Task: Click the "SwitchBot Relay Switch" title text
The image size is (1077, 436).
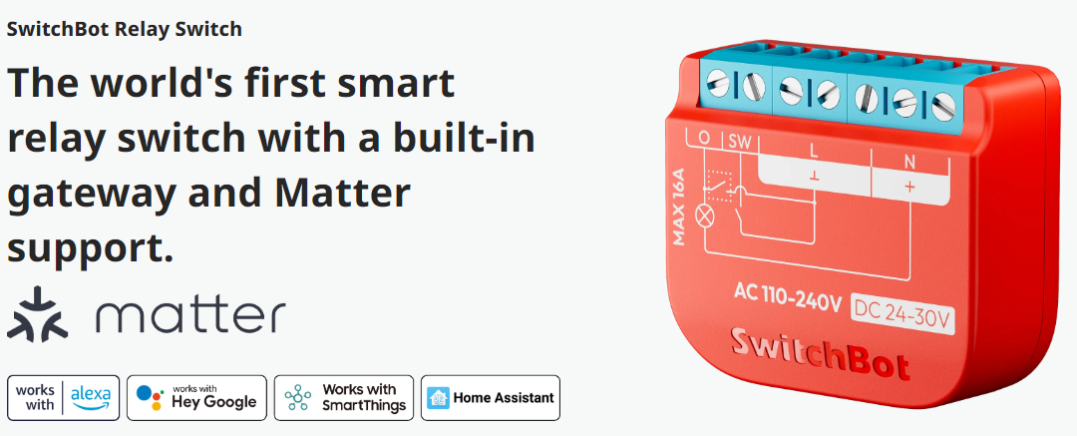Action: click(x=125, y=29)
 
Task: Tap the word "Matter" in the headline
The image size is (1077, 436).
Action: click(x=342, y=194)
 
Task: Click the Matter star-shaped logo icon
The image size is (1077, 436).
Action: click(x=37, y=314)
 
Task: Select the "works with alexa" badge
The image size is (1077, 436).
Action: click(x=63, y=397)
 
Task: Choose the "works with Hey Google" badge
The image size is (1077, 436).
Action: click(x=196, y=397)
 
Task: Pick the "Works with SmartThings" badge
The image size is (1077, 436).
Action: click(x=343, y=397)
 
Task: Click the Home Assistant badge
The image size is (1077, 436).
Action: click(x=491, y=397)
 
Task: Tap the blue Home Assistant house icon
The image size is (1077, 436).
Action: click(x=438, y=397)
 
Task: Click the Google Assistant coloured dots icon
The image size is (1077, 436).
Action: click(x=150, y=397)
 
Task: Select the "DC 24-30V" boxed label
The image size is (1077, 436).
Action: click(x=902, y=315)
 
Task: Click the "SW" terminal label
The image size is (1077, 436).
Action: click(x=739, y=141)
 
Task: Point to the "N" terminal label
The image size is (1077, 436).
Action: click(x=909, y=163)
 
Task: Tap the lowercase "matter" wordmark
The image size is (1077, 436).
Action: click(x=189, y=316)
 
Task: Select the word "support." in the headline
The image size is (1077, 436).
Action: click(x=90, y=250)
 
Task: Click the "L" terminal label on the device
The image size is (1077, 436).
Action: click(x=814, y=150)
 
